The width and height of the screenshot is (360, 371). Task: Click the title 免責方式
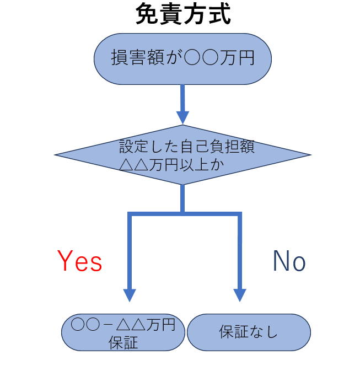[x=182, y=15]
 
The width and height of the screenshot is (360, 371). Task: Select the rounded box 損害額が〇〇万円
[x=182, y=59]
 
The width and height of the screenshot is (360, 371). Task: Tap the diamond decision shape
[x=182, y=155]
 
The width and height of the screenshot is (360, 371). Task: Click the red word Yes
[x=80, y=261]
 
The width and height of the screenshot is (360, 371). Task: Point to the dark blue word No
[x=289, y=261]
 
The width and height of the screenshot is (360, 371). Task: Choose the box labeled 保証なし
[x=249, y=332]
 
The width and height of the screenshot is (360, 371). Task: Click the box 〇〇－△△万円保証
[x=123, y=333]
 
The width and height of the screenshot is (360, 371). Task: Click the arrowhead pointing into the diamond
[x=182, y=117]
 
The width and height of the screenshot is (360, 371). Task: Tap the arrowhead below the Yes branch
[x=130, y=294]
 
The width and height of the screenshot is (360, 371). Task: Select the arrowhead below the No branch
[x=239, y=294]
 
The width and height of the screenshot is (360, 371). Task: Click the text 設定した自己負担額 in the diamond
[x=186, y=147]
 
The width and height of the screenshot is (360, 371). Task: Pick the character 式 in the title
[x=218, y=15]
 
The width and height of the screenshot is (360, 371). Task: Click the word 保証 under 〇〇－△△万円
[x=123, y=342]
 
